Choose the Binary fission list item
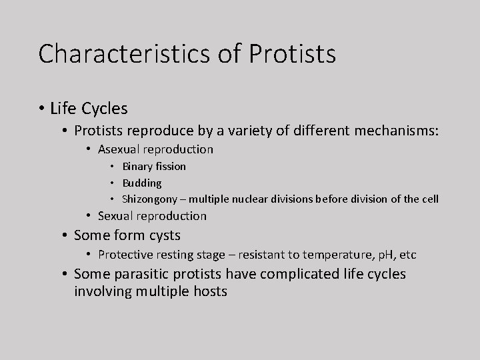pos(153,166)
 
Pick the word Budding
pos(141,183)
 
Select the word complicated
pos(297,274)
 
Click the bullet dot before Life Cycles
pos(42,107)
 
